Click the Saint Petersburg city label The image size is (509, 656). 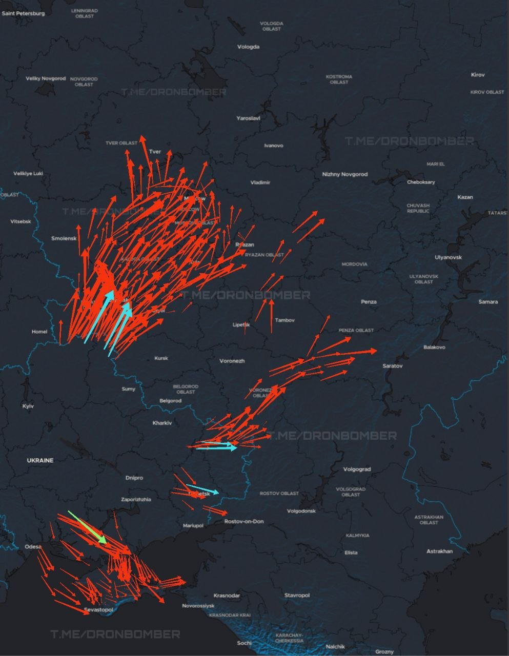click(23, 13)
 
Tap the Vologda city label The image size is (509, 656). click(248, 47)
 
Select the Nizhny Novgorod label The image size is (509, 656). click(344, 174)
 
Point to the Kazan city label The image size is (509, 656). click(465, 197)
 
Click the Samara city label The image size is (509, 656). click(487, 302)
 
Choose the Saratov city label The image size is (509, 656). click(393, 366)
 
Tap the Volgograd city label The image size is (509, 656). click(357, 469)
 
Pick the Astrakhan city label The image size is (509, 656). click(439, 551)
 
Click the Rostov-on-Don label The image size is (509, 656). click(244, 521)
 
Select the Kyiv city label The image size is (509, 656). click(28, 406)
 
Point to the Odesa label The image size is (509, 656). click(33, 547)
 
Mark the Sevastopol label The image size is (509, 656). click(98, 610)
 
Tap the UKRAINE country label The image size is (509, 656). click(40, 460)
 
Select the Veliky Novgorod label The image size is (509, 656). click(46, 78)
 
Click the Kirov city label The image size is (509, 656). click(477, 75)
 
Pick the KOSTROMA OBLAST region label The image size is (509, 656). click(339, 79)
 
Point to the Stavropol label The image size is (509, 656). click(297, 595)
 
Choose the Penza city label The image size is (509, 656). click(369, 302)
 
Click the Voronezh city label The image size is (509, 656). click(232, 361)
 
